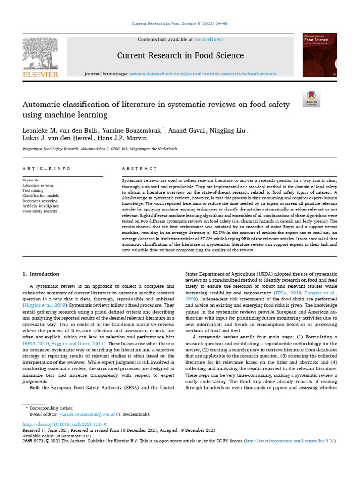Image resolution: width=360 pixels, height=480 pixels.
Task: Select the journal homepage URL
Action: (202, 74)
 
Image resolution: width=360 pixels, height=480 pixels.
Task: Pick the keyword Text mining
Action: (34, 190)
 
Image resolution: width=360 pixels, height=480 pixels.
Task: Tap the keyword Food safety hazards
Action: (40, 211)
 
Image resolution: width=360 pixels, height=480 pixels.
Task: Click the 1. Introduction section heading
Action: (41, 274)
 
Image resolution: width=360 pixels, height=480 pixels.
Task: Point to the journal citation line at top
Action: (180, 23)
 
